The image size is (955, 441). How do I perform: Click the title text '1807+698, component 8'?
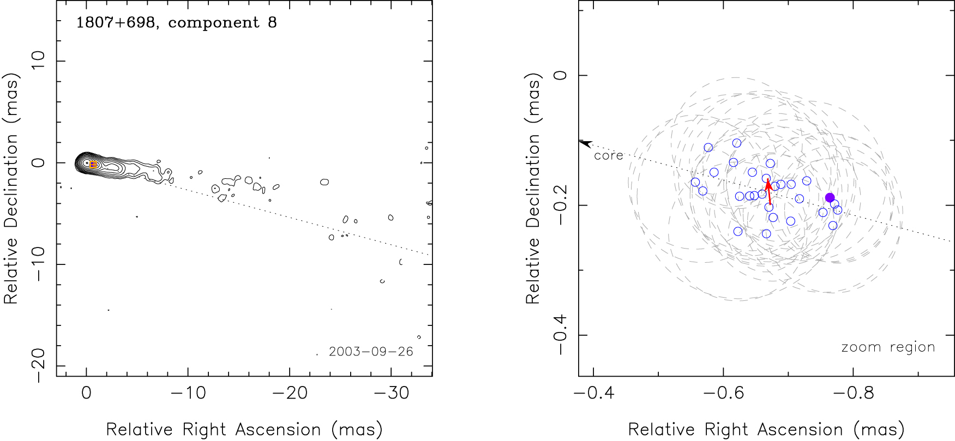tap(176, 23)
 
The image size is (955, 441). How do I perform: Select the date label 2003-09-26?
tap(371, 352)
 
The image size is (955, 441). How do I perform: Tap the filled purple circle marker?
tap(830, 198)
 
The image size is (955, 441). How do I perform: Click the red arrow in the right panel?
tap(768, 191)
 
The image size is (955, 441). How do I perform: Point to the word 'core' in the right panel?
tap(609, 156)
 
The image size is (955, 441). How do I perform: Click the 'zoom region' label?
tap(888, 347)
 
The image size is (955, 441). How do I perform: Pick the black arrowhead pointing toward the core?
tap(585, 143)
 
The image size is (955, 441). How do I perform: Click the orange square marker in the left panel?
tap(93, 165)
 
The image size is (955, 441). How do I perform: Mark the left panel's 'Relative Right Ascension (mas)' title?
tap(244, 430)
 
